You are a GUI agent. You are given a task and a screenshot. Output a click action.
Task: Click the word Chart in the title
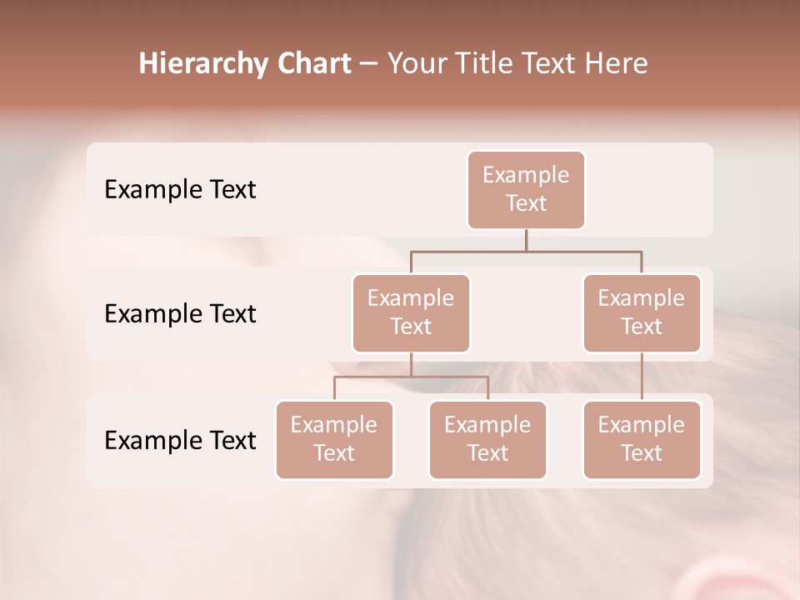click(x=313, y=64)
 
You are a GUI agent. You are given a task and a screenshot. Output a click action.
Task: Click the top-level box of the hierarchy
click(x=526, y=189)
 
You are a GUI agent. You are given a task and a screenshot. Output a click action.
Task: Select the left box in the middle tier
click(x=411, y=312)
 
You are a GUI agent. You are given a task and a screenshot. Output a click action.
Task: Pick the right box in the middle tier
click(x=642, y=312)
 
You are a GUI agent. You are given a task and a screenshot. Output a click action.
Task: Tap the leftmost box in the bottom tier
click(x=334, y=439)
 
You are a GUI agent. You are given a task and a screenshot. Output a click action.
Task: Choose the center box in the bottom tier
click(x=487, y=439)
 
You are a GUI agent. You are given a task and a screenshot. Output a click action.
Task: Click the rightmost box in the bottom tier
click(x=642, y=439)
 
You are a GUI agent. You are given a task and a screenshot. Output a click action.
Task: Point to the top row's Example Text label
click(x=180, y=190)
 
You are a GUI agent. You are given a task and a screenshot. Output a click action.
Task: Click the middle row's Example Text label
click(x=180, y=314)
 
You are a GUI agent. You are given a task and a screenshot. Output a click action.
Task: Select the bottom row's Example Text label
click(x=180, y=440)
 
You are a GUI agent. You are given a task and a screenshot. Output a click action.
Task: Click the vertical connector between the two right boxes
click(x=642, y=377)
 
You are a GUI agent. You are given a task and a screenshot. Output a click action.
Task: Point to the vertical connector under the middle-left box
click(x=411, y=364)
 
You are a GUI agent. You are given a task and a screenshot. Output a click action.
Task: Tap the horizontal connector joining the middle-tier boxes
click(x=526, y=251)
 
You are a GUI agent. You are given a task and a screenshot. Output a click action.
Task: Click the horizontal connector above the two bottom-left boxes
click(x=411, y=377)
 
